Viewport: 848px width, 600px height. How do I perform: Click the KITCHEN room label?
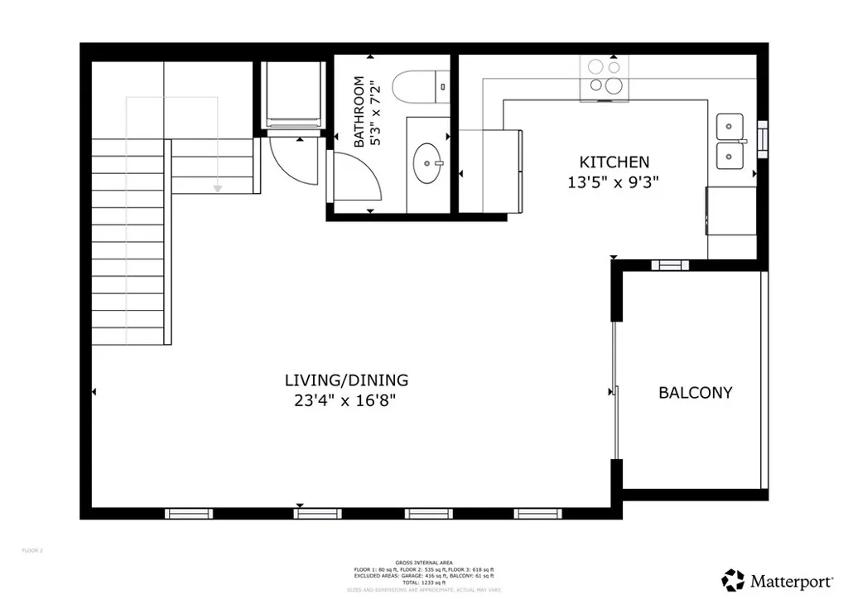(614, 162)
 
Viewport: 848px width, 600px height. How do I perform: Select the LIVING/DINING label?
(346, 380)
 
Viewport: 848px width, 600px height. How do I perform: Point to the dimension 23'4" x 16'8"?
(346, 400)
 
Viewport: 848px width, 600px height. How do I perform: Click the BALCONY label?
(695, 393)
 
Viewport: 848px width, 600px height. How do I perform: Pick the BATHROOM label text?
(359, 112)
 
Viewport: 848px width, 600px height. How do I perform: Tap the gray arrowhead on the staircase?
(218, 189)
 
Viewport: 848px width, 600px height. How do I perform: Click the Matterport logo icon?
(733, 578)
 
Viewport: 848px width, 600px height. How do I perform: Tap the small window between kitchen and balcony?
(669, 265)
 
